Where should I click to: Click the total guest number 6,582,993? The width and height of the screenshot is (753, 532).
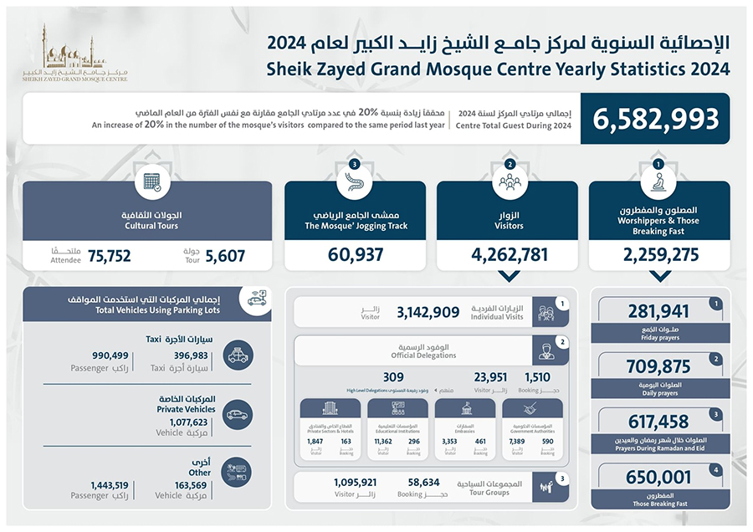pos(656,119)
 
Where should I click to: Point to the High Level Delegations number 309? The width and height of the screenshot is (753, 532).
pos(393,376)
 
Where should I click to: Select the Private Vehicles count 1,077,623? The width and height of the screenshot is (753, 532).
pos(189,422)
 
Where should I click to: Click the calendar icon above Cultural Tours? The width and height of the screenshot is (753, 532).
pos(152,182)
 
